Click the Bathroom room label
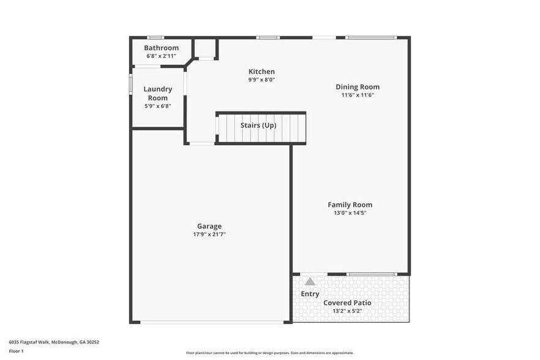coord(161,48)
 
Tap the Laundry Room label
coord(157,93)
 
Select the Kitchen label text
coord(261,72)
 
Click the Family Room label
coord(350,205)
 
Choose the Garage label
coord(209,226)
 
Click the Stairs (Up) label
coord(258,126)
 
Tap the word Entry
coord(310,294)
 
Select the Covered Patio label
coord(347,303)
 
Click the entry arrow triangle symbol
coord(310,282)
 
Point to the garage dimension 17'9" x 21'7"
coord(209,234)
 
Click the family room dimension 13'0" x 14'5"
coord(350,213)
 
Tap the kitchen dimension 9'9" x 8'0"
coord(261,80)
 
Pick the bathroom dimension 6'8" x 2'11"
coord(161,56)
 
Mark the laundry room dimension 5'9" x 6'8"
coord(157,106)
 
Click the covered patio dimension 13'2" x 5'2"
coord(347,311)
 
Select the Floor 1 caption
coord(17,351)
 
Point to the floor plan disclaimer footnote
coord(269,353)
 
